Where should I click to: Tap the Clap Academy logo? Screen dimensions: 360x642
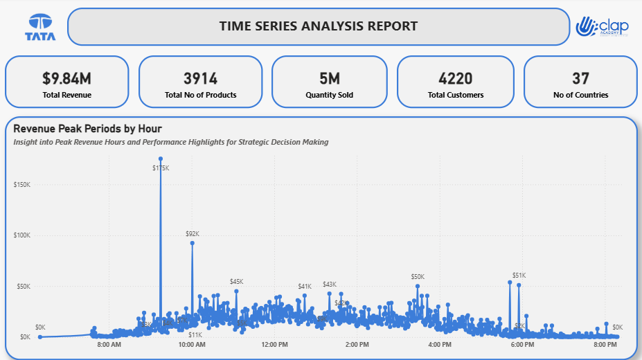[602, 27]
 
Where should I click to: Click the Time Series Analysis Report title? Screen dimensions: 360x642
[318, 26]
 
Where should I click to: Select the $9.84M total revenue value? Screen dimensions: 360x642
[66, 78]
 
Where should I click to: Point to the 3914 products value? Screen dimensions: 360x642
[200, 78]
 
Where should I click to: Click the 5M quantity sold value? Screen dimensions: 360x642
[329, 78]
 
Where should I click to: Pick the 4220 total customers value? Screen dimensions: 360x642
[456, 78]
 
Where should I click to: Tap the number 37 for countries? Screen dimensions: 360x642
[580, 78]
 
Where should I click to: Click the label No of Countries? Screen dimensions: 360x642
[580, 95]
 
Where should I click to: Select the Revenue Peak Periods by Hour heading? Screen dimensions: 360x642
[87, 129]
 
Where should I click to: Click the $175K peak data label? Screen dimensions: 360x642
[161, 168]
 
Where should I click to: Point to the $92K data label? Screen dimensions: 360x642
[192, 234]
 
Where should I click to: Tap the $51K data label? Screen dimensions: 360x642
[519, 275]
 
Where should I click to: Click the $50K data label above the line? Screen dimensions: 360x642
[418, 277]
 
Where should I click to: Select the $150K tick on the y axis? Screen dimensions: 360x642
[21, 184]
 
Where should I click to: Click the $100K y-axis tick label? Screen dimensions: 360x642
[21, 235]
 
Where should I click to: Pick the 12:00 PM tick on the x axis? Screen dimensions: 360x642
[274, 344]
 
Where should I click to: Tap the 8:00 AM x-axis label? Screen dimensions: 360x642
[109, 344]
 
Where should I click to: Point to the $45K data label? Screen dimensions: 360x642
[236, 282]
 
